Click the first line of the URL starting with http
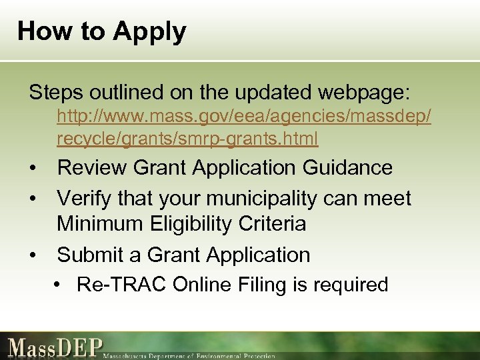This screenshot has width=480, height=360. (x=243, y=117)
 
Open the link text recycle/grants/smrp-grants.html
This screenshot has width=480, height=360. (x=187, y=138)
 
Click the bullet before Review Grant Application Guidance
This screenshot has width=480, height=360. (x=32, y=168)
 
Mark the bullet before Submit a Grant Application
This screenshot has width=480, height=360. (x=32, y=255)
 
